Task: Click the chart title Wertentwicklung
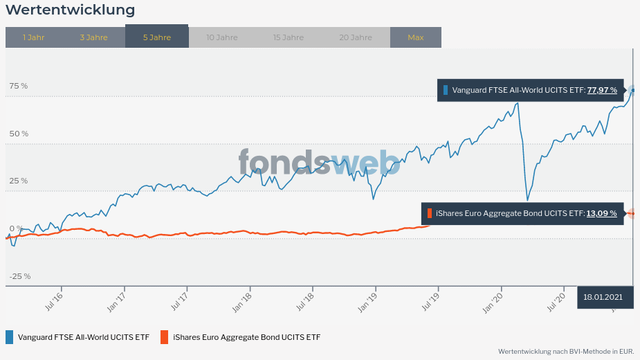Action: pyautogui.click(x=71, y=10)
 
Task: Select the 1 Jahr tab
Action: pyautogui.click(x=33, y=37)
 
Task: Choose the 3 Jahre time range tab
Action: pyautogui.click(x=93, y=37)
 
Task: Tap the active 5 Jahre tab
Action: pyautogui.click(x=156, y=37)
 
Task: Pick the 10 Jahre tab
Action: pyautogui.click(x=221, y=37)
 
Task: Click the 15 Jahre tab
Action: pyautogui.click(x=288, y=37)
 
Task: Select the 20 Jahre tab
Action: pyautogui.click(x=356, y=37)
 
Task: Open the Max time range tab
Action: pyautogui.click(x=415, y=37)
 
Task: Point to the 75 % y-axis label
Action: pyautogui.click(x=19, y=86)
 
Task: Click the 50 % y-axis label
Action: pyautogui.click(x=19, y=134)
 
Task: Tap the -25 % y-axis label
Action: pyautogui.click(x=19, y=276)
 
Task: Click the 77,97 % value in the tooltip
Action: pyautogui.click(x=602, y=90)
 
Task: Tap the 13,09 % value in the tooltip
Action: pyautogui.click(x=601, y=213)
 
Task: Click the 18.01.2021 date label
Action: pyautogui.click(x=603, y=297)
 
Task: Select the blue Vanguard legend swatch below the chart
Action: pyautogui.click(x=9, y=337)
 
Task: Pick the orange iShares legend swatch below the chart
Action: pyautogui.click(x=164, y=337)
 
